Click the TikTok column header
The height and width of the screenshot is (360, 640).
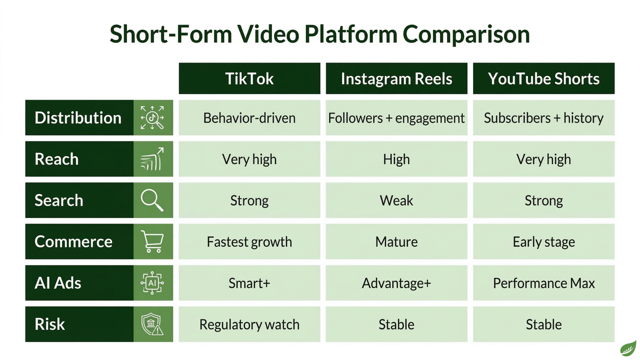click(x=249, y=79)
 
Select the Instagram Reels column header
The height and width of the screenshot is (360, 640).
click(x=396, y=79)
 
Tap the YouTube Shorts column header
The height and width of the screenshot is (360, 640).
click(x=544, y=79)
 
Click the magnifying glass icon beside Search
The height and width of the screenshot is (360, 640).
click(x=152, y=200)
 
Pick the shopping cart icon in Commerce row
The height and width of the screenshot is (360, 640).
click(x=153, y=242)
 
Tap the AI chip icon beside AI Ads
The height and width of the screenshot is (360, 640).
click(x=152, y=283)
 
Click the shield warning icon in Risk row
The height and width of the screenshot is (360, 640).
click(x=152, y=324)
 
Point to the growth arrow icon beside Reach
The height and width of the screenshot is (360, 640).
click(x=152, y=159)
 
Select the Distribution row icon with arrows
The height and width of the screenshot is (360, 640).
click(x=152, y=118)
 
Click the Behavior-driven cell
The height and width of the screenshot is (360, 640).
click(x=249, y=118)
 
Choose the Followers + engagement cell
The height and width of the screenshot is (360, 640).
click(x=396, y=118)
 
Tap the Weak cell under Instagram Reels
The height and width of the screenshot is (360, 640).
click(x=396, y=201)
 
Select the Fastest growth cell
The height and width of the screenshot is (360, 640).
click(x=249, y=242)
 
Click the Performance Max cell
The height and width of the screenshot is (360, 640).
click(x=544, y=283)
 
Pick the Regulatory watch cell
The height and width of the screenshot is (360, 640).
click(x=249, y=325)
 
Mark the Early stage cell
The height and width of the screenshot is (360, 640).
click(x=544, y=242)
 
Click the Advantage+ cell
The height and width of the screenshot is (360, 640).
click(x=396, y=283)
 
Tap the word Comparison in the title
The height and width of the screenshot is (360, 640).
click(x=466, y=34)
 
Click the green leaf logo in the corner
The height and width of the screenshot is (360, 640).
click(x=628, y=349)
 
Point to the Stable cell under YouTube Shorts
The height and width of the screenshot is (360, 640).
click(x=544, y=325)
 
